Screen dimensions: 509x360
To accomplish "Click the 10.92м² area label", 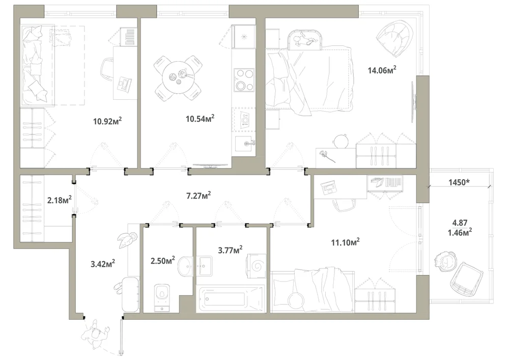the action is pos(107,121).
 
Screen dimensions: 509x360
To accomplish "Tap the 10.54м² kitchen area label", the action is pos(200,119).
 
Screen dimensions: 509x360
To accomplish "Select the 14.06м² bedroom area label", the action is pos(382,70).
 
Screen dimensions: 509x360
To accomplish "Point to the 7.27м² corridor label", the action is pos(199,196).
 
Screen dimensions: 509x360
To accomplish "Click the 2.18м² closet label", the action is pos(60,200).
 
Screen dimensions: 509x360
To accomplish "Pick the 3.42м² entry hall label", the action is pos(103,264).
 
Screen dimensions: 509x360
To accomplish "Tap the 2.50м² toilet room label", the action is pos(163,260).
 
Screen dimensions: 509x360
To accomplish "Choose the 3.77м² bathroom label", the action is pos(230,250).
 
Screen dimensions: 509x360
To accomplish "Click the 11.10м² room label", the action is pos(345,242).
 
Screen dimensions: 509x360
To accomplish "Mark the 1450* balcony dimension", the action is pos(459,182).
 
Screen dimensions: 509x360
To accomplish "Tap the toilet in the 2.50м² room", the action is pos(162,297).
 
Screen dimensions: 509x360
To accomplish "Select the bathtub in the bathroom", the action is pos(231,299).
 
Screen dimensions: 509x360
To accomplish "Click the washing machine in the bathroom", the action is pos(257,266).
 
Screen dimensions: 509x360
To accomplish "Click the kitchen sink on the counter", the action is pos(245,144).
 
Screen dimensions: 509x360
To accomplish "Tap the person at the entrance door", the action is pos(96,334).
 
